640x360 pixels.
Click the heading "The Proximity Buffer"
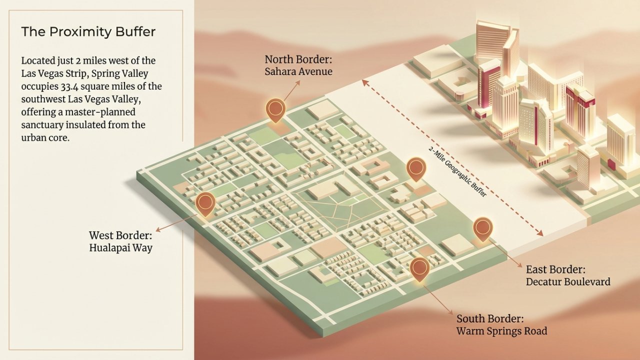[88, 32]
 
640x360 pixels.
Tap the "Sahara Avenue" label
[298, 71]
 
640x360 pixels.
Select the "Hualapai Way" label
[120, 247]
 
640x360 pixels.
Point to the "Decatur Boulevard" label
[568, 281]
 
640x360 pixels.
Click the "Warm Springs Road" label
[501, 331]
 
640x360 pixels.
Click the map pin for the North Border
[275, 109]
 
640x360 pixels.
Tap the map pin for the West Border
[205, 203]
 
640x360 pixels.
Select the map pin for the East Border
[482, 228]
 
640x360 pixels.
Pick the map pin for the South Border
[419, 268]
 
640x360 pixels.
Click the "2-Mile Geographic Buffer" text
[457, 172]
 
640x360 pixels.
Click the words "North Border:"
[298, 60]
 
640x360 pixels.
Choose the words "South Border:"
[490, 318]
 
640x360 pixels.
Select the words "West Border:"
[120, 235]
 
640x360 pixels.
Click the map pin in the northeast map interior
[416, 168]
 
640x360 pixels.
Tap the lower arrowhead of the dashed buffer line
[540, 233]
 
